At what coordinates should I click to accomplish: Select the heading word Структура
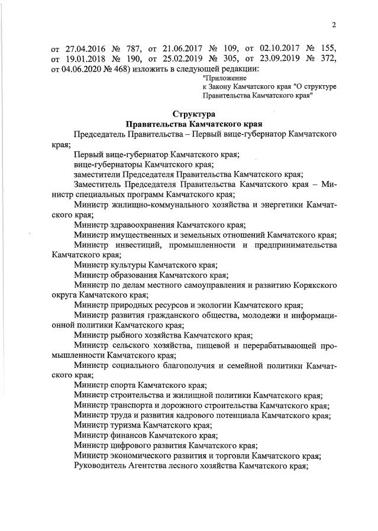195,114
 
